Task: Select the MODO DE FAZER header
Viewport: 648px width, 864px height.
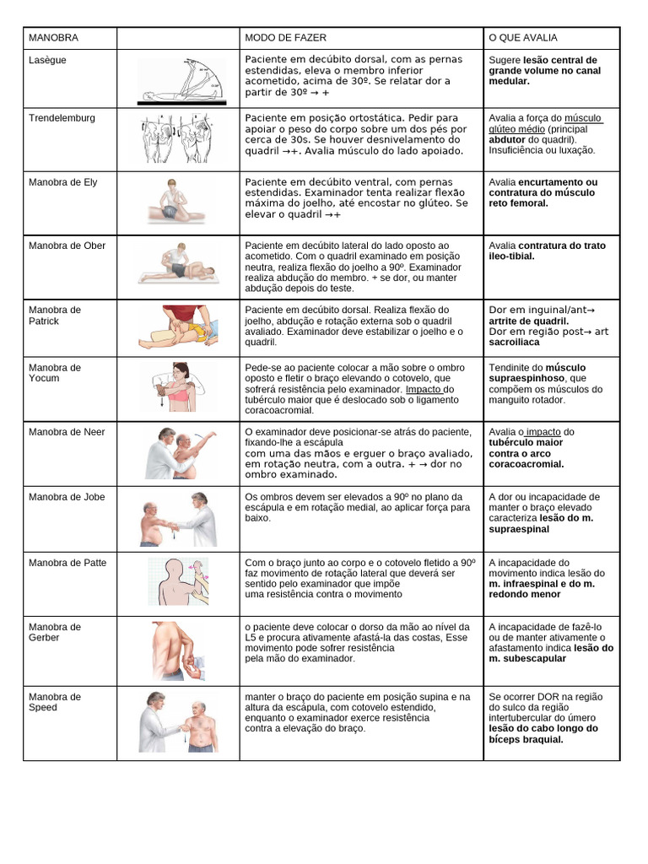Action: coord(285,39)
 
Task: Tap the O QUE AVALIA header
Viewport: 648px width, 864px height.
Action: coord(523,39)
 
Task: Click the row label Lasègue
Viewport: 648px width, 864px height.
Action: coord(47,61)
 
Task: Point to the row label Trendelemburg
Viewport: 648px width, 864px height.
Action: coord(62,118)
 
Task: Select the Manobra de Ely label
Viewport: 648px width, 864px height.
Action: coord(62,182)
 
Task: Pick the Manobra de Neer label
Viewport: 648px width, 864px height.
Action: coord(67,432)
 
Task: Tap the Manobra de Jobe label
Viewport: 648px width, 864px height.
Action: coord(67,497)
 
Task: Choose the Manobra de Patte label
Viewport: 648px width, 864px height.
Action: coord(67,563)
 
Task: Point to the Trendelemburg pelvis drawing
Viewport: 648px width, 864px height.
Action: coord(177,138)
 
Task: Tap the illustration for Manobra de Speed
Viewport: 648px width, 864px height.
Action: coord(178,721)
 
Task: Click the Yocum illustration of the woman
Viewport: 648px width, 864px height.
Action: coord(178,388)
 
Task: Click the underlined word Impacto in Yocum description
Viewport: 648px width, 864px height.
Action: coord(424,389)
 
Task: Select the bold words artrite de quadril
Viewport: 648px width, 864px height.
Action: coord(528,321)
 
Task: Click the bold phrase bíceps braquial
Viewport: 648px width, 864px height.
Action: coord(526,739)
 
